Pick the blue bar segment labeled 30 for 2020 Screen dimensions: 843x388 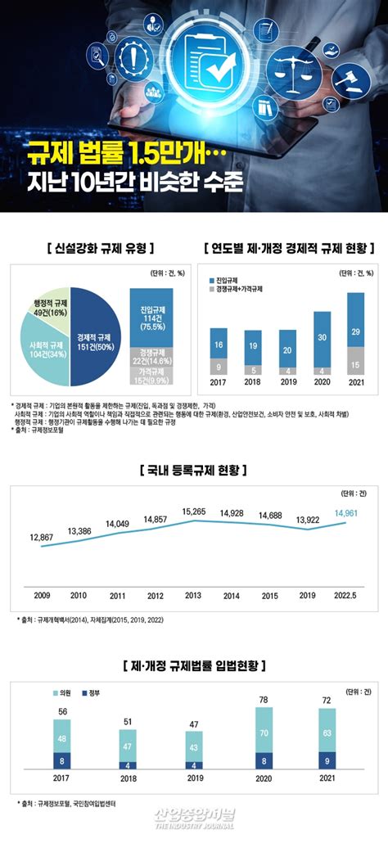pos(322,337)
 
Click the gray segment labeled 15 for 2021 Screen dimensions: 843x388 pos(355,363)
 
